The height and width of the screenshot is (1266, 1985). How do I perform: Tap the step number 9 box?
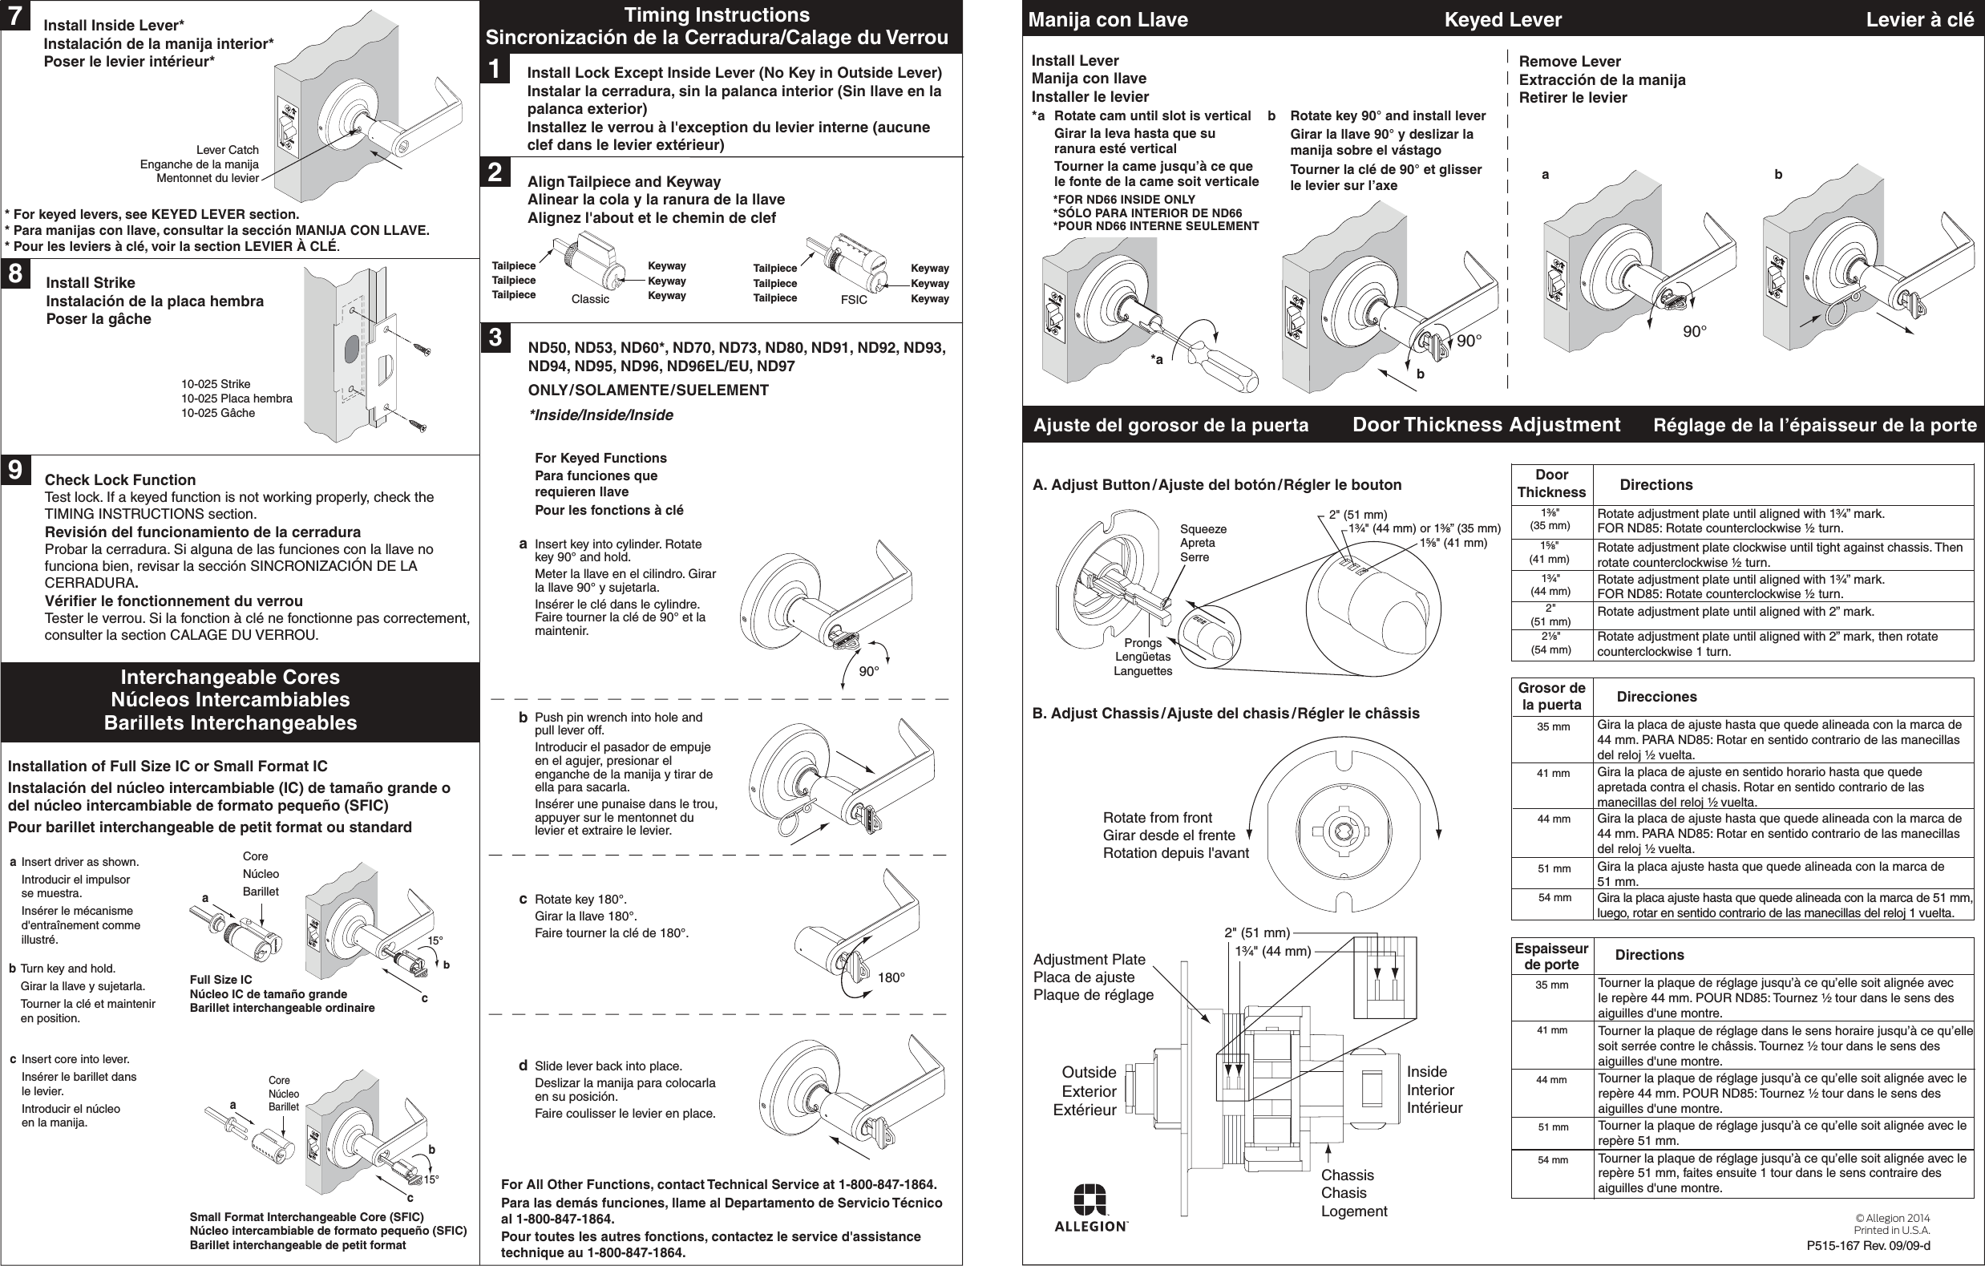[16, 470]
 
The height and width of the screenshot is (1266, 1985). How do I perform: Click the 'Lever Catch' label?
[227, 150]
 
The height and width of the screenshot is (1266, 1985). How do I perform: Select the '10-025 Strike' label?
[216, 384]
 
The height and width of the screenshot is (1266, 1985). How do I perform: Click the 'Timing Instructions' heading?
[717, 15]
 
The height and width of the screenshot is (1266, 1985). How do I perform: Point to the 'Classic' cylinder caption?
[590, 299]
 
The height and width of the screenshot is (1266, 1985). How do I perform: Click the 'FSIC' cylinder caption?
[853, 300]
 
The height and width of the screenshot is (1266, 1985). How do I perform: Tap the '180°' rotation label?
[891, 977]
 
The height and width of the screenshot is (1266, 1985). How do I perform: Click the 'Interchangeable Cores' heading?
[230, 677]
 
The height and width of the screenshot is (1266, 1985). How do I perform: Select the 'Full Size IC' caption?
[221, 979]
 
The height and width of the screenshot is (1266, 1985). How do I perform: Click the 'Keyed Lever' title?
[1502, 20]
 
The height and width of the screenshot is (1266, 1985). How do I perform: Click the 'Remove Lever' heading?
[1570, 62]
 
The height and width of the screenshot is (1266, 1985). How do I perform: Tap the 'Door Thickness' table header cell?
[1551, 483]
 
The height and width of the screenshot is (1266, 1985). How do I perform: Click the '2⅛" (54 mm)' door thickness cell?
[1550, 645]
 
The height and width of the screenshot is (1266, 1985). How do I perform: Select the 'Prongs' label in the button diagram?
[1142, 643]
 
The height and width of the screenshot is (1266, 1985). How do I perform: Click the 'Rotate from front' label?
[1158, 818]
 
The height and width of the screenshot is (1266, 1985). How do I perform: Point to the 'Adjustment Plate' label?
[1089, 960]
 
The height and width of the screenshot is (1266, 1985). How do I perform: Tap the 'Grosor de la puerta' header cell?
[1551, 697]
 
